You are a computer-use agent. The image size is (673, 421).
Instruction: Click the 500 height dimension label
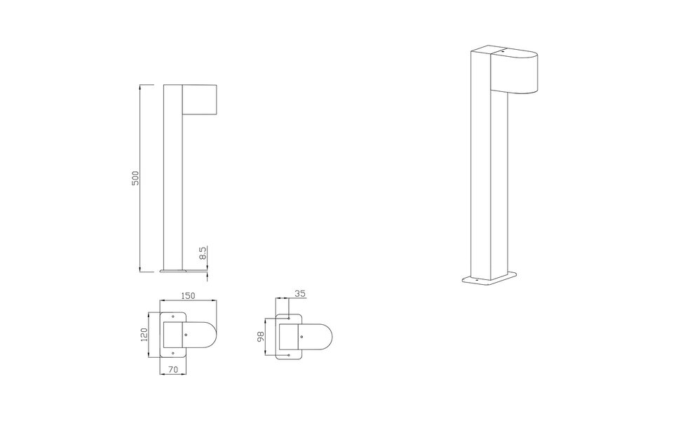(137, 178)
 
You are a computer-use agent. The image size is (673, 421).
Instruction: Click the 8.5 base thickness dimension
(203, 254)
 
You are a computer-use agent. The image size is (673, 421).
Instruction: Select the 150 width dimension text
(188, 296)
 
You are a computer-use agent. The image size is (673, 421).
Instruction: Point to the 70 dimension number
(172, 368)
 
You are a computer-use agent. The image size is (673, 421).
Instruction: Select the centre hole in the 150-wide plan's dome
(186, 335)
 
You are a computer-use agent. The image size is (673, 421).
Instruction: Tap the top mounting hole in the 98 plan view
(289, 318)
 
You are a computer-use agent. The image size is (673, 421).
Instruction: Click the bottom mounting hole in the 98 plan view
(289, 355)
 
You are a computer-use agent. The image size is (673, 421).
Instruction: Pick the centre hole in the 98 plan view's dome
(301, 336)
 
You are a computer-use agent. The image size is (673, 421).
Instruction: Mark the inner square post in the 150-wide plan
(173, 336)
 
